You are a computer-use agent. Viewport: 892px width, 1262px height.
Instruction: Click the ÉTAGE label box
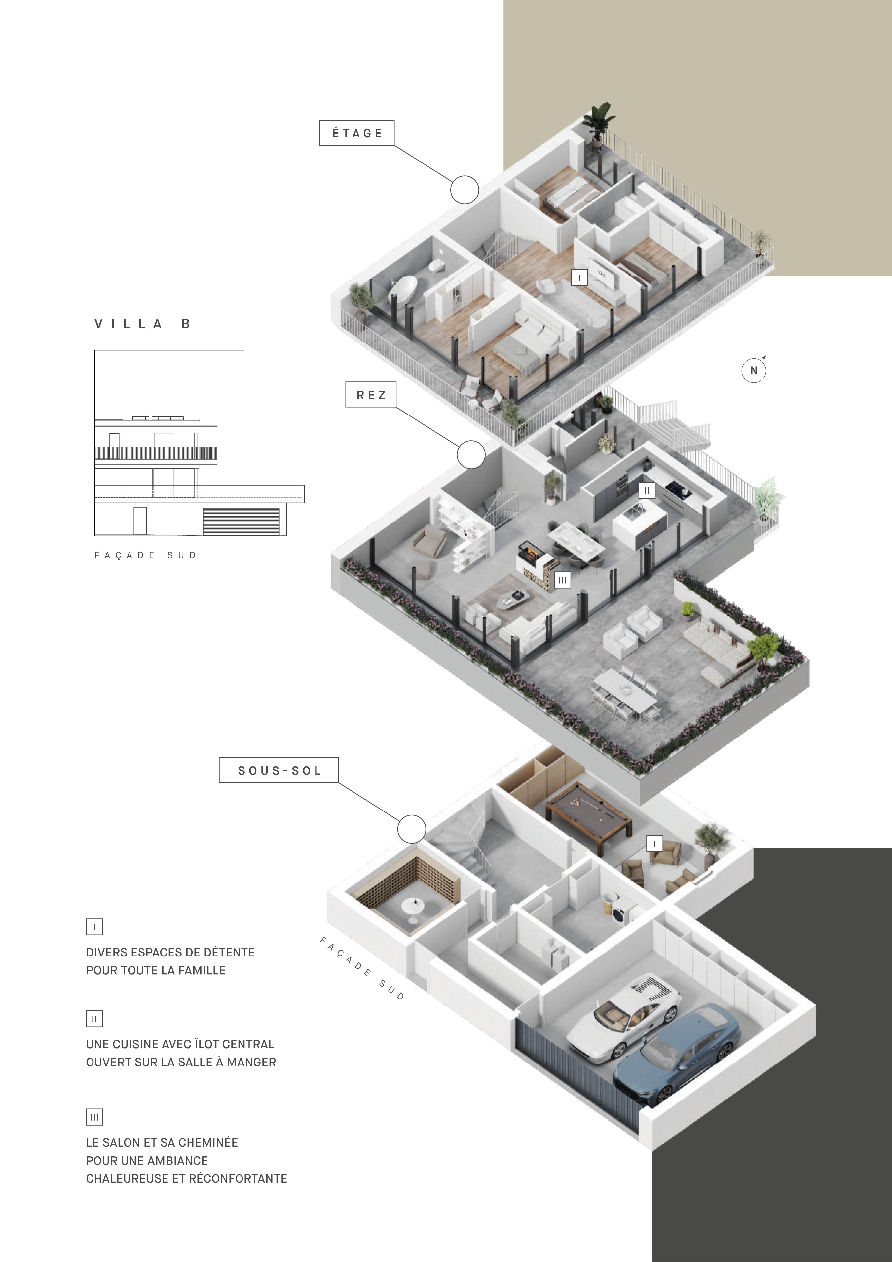coord(357,132)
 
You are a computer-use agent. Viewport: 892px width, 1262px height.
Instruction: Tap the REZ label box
coord(371,395)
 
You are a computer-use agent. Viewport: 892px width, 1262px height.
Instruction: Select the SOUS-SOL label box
coord(279,770)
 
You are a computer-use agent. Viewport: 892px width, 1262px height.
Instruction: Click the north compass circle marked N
coord(754,371)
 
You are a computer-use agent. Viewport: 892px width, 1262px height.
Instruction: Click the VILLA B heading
coord(142,324)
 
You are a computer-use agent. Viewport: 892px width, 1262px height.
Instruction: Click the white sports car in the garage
coord(624,1015)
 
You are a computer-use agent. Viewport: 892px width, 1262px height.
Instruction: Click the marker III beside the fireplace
coord(562,580)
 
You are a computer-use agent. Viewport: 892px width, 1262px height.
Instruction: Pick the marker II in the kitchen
coord(647,490)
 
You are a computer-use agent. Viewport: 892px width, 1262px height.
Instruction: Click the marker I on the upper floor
coord(579,277)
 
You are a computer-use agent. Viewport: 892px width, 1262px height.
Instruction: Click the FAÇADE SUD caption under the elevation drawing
coord(145,555)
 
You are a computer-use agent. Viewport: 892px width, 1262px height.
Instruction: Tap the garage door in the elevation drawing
coord(242,521)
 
